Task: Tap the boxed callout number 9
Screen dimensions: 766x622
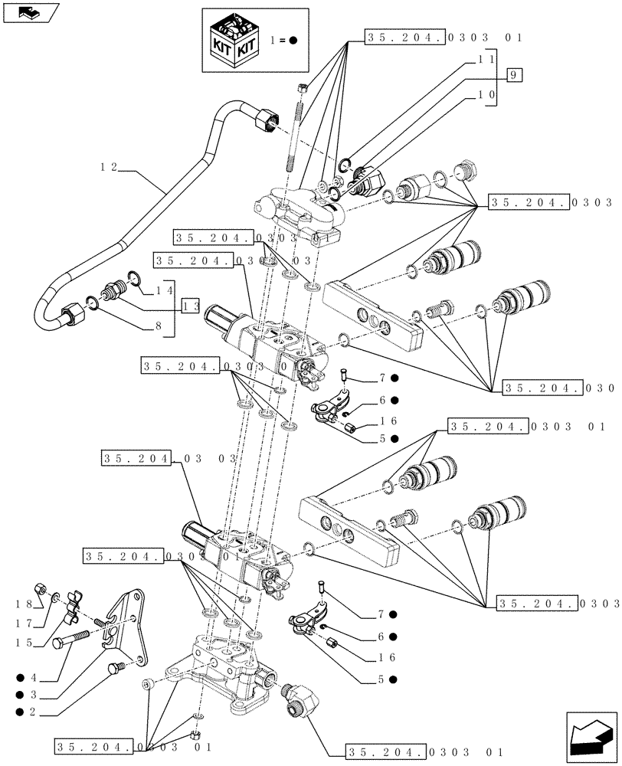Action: coord(514,74)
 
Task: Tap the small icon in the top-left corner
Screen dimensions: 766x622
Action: coord(28,11)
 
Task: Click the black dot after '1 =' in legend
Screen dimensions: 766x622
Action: coord(293,40)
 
